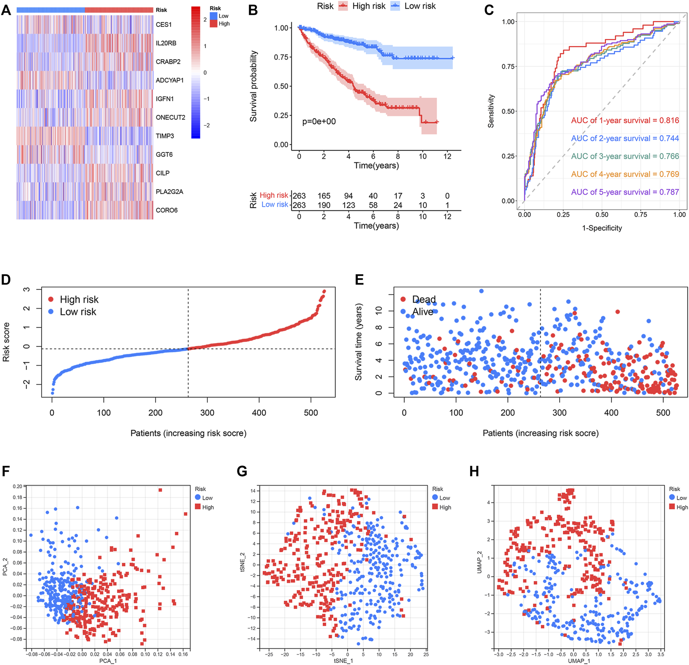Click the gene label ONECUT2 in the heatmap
coord(170,118)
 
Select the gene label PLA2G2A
coord(169,192)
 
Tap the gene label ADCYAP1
coord(170,81)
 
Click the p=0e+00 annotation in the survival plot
coord(319,122)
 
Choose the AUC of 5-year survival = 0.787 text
coord(625,192)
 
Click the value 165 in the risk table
coord(324,196)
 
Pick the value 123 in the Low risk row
coord(348,205)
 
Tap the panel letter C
coord(489,10)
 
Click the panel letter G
coord(242,472)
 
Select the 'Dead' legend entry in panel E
coord(423,300)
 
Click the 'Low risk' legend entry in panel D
coord(77,312)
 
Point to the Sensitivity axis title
coord(491,111)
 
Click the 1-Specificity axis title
coord(602,228)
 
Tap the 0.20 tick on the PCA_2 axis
coord(17,486)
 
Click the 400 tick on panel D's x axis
coord(259,413)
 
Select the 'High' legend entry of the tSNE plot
coord(445,507)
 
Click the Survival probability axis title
coord(254,86)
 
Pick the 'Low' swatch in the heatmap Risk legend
coord(214,16)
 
